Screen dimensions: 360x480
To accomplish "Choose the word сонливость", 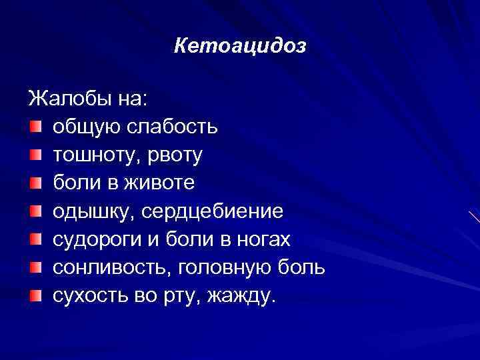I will click(x=104, y=268).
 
